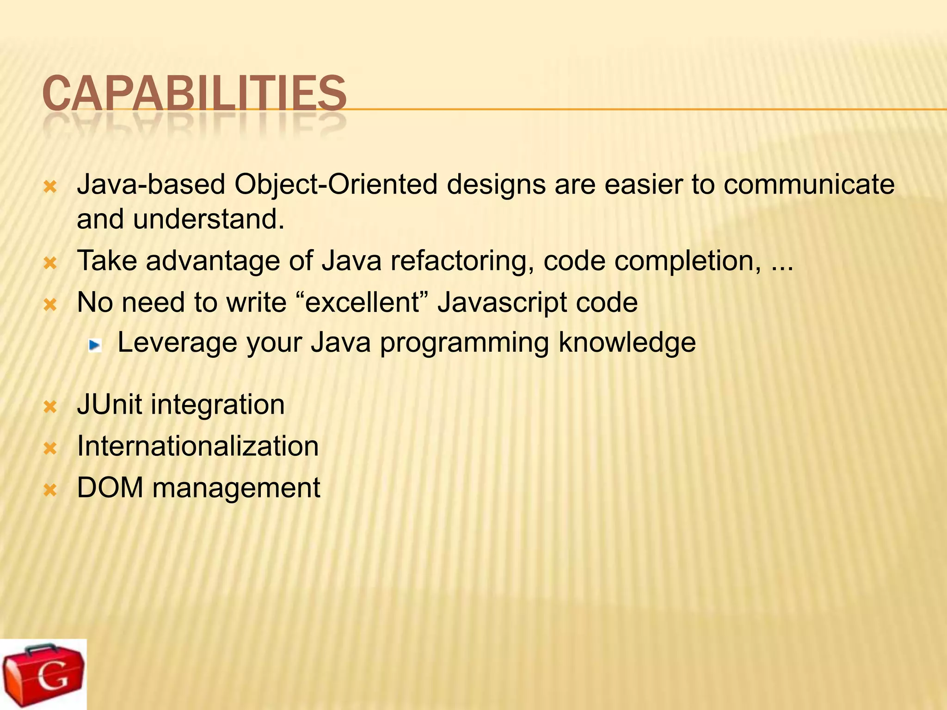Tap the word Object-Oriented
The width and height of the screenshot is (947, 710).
click(336, 185)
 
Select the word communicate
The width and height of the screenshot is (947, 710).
click(809, 185)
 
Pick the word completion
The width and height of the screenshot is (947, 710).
click(687, 262)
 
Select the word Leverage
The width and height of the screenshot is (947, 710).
click(177, 343)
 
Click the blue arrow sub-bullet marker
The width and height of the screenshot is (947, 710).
click(95, 344)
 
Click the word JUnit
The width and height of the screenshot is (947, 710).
click(109, 404)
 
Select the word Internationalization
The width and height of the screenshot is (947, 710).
click(198, 446)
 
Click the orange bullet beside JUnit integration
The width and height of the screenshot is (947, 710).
click(50, 407)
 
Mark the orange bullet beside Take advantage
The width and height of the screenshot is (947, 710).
click(50, 263)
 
